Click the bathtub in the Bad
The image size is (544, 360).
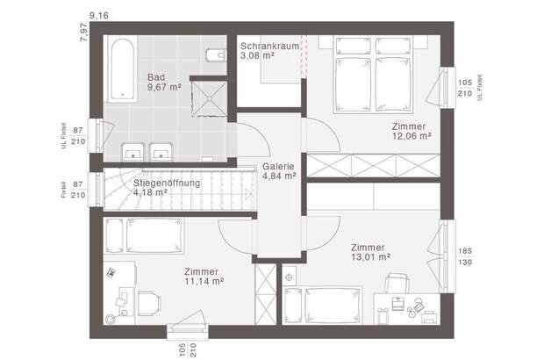pos(121,68)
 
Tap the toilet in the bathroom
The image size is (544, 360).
pos(216,54)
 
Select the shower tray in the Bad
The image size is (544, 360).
pos(209,98)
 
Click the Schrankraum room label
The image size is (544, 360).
pos(269,46)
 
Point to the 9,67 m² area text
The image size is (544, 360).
pos(164,87)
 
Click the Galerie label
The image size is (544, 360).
pos(278,166)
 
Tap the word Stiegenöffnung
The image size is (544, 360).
pos(167,183)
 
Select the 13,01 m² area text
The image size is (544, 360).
pos(370,257)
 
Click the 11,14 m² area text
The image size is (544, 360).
pos(204,281)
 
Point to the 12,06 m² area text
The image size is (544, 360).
pos(412,136)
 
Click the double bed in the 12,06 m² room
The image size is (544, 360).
pos(373,75)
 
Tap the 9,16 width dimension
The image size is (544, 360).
pos(99,16)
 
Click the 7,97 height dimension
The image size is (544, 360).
pos(84,32)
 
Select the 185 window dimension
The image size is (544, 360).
pos(465,250)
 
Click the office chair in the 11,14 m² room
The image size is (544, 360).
pos(149,303)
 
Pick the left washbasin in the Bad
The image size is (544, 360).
pos(132,152)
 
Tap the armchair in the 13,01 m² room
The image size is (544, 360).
pos(397,283)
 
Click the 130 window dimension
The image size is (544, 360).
pos(465,263)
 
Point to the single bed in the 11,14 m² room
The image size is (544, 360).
pos(144,235)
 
